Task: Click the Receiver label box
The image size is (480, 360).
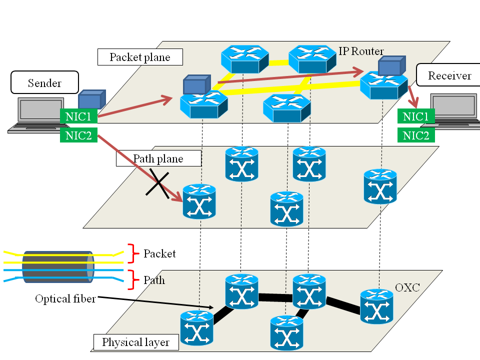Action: (449, 75)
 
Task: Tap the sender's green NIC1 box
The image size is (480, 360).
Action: (78, 116)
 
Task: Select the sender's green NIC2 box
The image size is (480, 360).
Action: (78, 134)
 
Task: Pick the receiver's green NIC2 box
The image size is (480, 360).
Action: (416, 135)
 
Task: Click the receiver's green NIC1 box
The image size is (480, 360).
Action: (416, 116)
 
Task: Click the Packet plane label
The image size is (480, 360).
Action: (140, 57)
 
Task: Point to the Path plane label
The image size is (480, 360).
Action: (158, 158)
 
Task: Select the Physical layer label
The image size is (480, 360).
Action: (135, 342)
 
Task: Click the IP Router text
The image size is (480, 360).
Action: (361, 51)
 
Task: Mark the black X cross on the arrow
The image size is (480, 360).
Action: (159, 183)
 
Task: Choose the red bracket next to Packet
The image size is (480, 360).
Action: (132, 253)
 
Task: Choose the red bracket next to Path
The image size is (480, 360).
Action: (132, 279)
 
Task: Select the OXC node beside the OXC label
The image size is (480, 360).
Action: (376, 306)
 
